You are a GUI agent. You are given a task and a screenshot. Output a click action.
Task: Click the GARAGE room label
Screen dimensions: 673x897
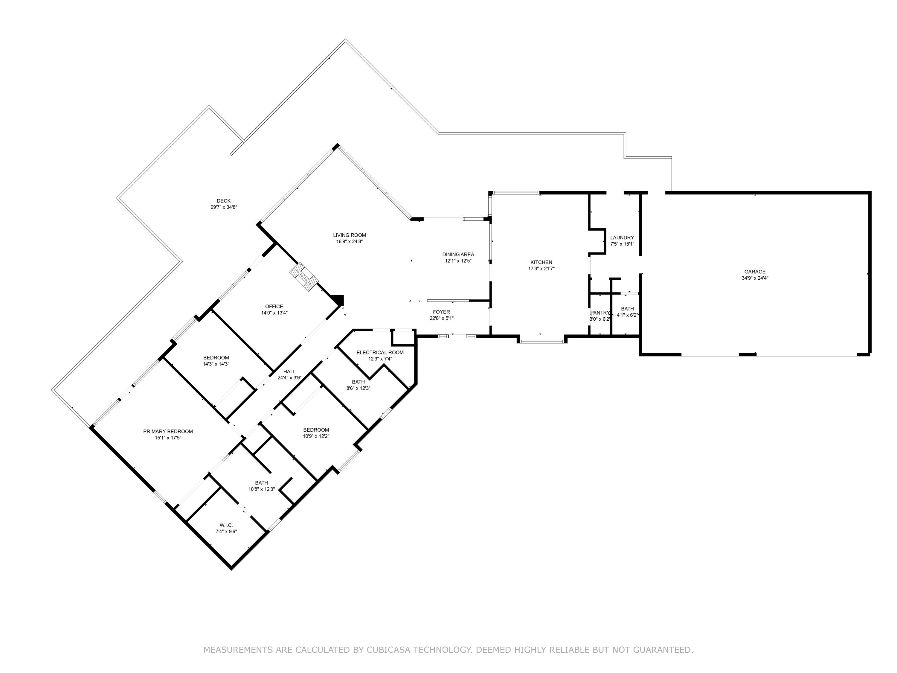tap(755, 272)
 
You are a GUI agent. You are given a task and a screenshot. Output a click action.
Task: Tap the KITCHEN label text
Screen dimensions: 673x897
tap(541, 262)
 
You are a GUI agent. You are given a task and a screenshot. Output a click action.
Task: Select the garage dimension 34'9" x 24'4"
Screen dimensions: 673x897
tap(755, 278)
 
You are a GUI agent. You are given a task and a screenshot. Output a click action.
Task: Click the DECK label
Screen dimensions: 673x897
tap(223, 201)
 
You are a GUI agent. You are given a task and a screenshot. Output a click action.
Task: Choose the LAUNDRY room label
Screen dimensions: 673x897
tap(622, 238)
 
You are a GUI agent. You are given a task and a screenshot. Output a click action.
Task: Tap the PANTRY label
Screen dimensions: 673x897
tap(599, 313)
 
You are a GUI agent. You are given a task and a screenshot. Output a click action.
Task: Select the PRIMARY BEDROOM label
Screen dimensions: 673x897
tap(168, 432)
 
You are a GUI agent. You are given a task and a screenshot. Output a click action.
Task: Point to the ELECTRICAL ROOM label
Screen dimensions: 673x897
tap(380, 353)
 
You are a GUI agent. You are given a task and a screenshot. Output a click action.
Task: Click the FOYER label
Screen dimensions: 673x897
tap(441, 312)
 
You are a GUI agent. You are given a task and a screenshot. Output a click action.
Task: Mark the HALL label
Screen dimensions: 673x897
tap(289, 371)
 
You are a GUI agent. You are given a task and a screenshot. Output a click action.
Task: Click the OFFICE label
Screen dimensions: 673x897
tap(274, 307)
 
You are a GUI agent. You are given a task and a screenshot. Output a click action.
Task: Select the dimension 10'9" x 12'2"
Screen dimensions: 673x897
tap(316, 436)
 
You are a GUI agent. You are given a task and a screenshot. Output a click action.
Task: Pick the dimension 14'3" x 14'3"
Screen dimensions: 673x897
tap(216, 364)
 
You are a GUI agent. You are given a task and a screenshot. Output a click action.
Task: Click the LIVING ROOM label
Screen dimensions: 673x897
tap(349, 235)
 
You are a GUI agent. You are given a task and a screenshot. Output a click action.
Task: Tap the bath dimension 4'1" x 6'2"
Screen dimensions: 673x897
tap(627, 315)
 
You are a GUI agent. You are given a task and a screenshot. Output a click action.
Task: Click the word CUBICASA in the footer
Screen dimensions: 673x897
tap(388, 650)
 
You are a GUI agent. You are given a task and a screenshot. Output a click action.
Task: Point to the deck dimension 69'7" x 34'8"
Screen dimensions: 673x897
tap(223, 207)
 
